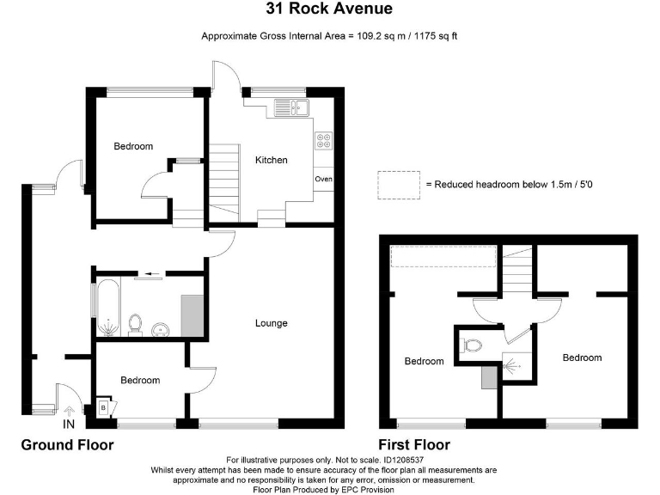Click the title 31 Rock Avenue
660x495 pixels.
click(330, 9)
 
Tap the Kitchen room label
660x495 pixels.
click(272, 160)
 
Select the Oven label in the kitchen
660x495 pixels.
click(323, 180)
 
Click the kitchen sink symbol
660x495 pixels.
click(291, 107)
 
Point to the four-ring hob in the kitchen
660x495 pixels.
click(324, 141)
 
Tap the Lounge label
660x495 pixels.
click(271, 323)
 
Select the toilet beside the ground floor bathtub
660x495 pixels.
click(134, 324)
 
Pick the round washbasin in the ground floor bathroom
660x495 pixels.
click(159, 328)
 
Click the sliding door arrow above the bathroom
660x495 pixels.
click(153, 274)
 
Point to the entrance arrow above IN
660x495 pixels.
click(69, 411)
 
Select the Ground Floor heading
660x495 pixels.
click(67, 445)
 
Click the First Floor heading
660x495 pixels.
click(414, 445)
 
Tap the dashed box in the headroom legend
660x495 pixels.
click(399, 184)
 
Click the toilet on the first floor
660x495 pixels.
click(471, 345)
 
